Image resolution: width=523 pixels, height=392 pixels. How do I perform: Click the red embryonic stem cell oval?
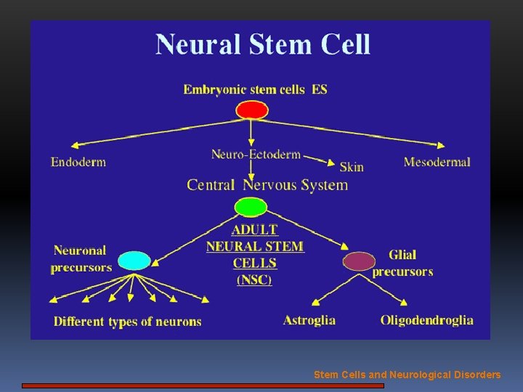click(252, 110)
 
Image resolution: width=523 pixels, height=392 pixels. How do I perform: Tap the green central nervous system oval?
click(251, 207)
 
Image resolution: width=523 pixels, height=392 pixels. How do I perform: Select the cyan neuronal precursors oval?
click(134, 260)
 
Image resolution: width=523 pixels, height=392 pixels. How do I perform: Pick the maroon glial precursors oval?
click(359, 261)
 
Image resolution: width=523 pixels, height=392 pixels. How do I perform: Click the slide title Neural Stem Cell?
click(262, 45)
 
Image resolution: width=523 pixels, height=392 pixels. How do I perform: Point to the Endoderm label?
click(78, 162)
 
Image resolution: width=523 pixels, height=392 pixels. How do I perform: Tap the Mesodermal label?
click(437, 162)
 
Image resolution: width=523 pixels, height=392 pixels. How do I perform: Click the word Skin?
click(352, 167)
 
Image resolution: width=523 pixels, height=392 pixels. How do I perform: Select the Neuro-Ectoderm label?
click(256, 154)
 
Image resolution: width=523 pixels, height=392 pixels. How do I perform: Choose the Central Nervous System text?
click(267, 184)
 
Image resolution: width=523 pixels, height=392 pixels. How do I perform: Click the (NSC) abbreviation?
click(254, 279)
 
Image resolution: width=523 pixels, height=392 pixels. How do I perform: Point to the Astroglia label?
click(309, 320)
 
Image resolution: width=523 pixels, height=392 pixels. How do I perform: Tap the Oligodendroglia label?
click(426, 320)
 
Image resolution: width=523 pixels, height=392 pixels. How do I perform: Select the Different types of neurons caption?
click(127, 322)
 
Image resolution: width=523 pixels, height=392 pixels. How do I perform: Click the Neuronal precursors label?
click(81, 259)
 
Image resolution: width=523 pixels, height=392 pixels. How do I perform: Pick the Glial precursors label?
click(402, 264)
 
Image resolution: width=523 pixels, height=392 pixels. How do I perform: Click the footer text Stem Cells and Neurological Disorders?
click(407, 375)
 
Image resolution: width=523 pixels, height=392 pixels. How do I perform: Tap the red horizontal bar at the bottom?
click(203, 386)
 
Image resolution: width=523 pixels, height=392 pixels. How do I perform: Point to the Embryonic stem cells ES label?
click(255, 89)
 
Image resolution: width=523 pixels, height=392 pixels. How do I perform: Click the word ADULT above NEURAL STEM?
click(254, 230)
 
